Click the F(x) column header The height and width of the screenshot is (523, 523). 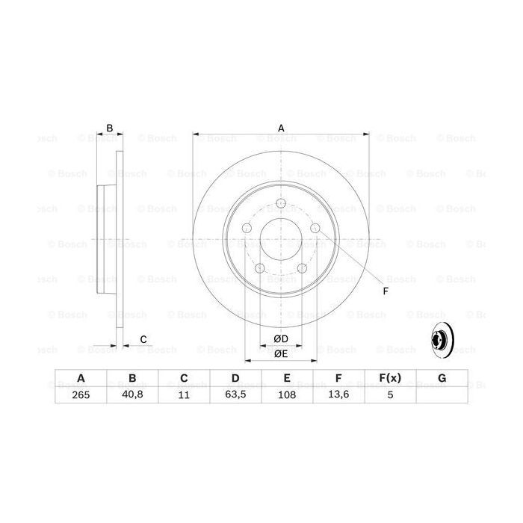[x=390, y=379]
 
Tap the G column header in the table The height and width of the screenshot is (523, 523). [x=442, y=379]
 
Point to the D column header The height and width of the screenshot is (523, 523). [x=235, y=379]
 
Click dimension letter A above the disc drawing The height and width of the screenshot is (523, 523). [x=281, y=129]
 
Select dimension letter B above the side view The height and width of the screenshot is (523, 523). [x=109, y=129]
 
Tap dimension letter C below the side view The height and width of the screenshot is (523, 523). [x=143, y=340]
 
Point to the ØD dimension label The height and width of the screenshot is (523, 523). [x=281, y=338]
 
